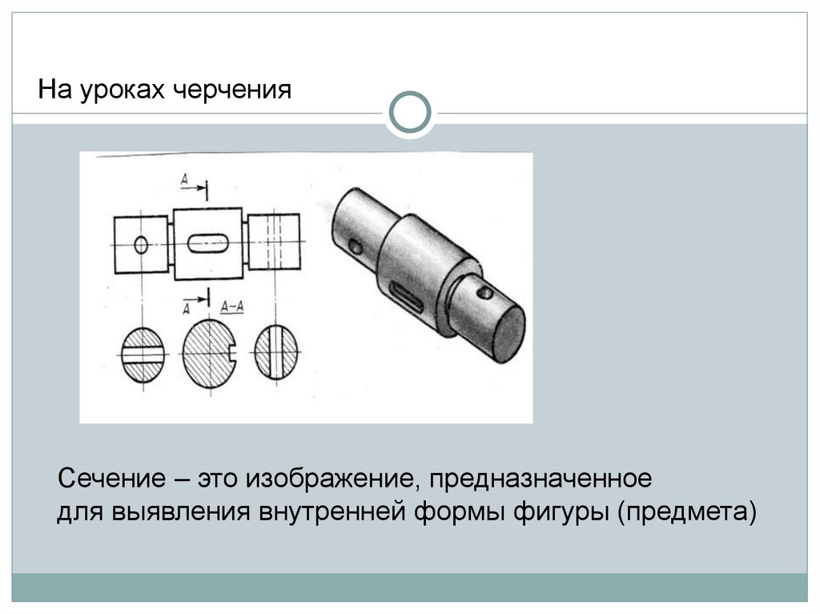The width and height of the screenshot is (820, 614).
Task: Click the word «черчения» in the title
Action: pyautogui.click(x=231, y=90)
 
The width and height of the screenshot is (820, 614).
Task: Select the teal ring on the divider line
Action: pyautogui.click(x=410, y=112)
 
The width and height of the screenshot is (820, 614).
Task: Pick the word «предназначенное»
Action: pyautogui.click(x=541, y=479)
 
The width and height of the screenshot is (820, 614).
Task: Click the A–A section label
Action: pyautogui.click(x=231, y=307)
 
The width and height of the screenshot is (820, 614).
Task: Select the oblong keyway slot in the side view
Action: pyautogui.click(x=208, y=243)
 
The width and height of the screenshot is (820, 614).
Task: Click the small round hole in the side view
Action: pyautogui.click(x=141, y=244)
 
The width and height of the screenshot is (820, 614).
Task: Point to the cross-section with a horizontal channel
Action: pyautogui.click(x=143, y=355)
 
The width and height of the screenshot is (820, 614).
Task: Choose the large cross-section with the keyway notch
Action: pyautogui.click(x=210, y=354)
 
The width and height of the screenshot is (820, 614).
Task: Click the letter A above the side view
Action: pyautogui.click(x=185, y=180)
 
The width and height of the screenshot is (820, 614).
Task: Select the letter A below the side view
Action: pyautogui.click(x=186, y=309)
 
